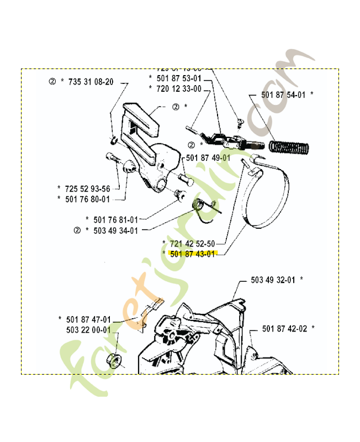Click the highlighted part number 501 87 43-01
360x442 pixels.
pos(192,254)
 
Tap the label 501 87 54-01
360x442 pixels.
pos(283,94)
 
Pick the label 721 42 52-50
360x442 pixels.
pos(192,243)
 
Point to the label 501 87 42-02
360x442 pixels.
pos(284,328)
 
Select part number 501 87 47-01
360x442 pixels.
pos(88,319)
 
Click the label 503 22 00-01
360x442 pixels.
pos(88,330)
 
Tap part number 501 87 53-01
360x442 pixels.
pos(179,78)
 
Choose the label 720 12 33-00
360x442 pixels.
pos(179,88)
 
